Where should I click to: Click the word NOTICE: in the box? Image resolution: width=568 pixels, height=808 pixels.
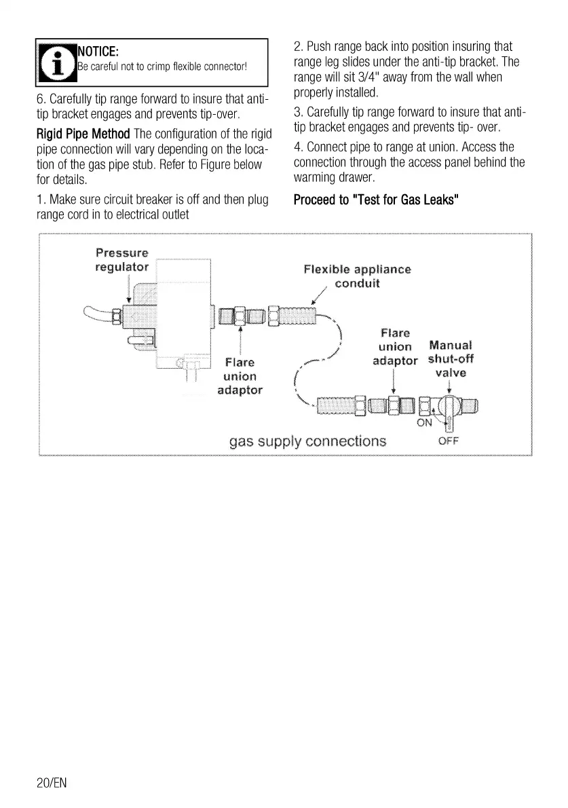99,51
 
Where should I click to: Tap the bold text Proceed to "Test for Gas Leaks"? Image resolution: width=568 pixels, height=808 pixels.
377,200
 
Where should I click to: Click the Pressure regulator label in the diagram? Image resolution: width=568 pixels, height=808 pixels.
121,259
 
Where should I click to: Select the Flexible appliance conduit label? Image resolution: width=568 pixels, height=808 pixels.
357,275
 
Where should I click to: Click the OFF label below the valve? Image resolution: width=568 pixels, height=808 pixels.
449,441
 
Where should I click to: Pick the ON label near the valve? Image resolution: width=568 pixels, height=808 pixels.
424,422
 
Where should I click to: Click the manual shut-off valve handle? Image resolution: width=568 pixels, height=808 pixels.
449,411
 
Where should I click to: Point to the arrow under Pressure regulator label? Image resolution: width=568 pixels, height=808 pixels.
128,289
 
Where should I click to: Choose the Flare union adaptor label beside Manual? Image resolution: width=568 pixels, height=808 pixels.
395,346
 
